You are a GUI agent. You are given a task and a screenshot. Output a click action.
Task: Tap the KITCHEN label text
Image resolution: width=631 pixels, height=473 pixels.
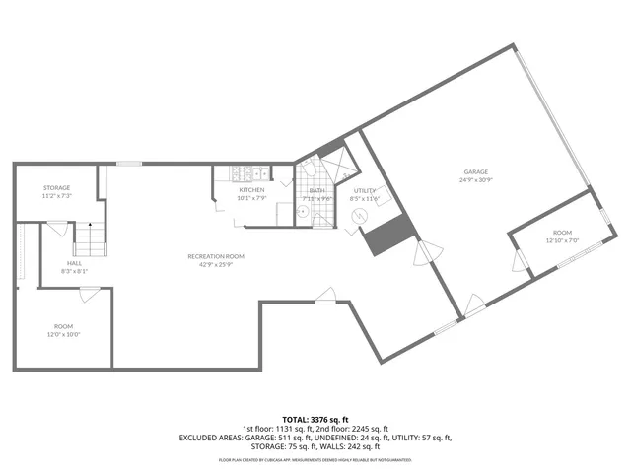click(x=251, y=189)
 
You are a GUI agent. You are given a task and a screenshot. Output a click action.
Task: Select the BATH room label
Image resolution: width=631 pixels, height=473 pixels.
click(x=316, y=190)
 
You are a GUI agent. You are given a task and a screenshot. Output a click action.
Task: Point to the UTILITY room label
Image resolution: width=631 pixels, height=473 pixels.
click(x=365, y=190)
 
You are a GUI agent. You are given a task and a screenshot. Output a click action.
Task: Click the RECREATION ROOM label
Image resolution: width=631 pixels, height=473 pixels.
click(x=216, y=256)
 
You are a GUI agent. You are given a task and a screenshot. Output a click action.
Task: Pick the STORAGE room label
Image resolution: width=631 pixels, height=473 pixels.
click(x=56, y=187)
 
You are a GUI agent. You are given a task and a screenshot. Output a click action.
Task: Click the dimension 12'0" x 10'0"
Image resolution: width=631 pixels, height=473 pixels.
click(x=63, y=335)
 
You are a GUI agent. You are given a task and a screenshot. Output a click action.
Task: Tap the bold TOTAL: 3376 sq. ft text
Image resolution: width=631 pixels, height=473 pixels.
click(x=315, y=418)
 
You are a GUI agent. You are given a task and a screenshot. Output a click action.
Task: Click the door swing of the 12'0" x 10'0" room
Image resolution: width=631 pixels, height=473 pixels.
click(x=89, y=293)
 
